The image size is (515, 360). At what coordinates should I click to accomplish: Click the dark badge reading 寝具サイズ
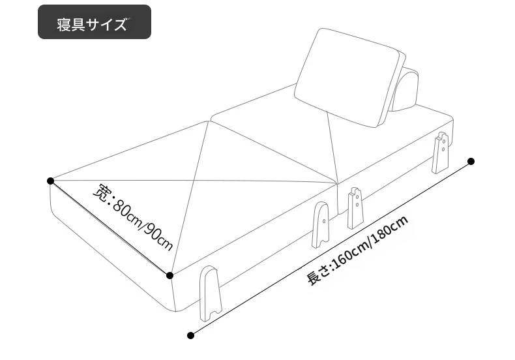click(x=95, y=22)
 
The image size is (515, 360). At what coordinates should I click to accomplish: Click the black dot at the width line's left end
click(x=50, y=181)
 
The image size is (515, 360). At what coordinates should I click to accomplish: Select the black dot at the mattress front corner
click(x=169, y=275)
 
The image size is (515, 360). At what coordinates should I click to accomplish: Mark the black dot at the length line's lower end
click(x=190, y=335)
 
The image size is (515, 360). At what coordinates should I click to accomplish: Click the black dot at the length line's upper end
click(x=471, y=161)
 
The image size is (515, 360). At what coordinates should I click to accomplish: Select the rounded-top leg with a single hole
click(x=321, y=224)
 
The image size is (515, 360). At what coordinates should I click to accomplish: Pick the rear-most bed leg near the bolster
click(x=441, y=153)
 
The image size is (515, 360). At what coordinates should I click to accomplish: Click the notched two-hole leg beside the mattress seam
click(x=355, y=208)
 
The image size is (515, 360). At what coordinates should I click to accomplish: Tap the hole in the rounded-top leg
click(x=324, y=221)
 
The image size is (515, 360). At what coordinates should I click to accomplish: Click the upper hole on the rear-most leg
click(x=443, y=142)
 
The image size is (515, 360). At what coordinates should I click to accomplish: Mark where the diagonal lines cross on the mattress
click(x=194, y=181)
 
